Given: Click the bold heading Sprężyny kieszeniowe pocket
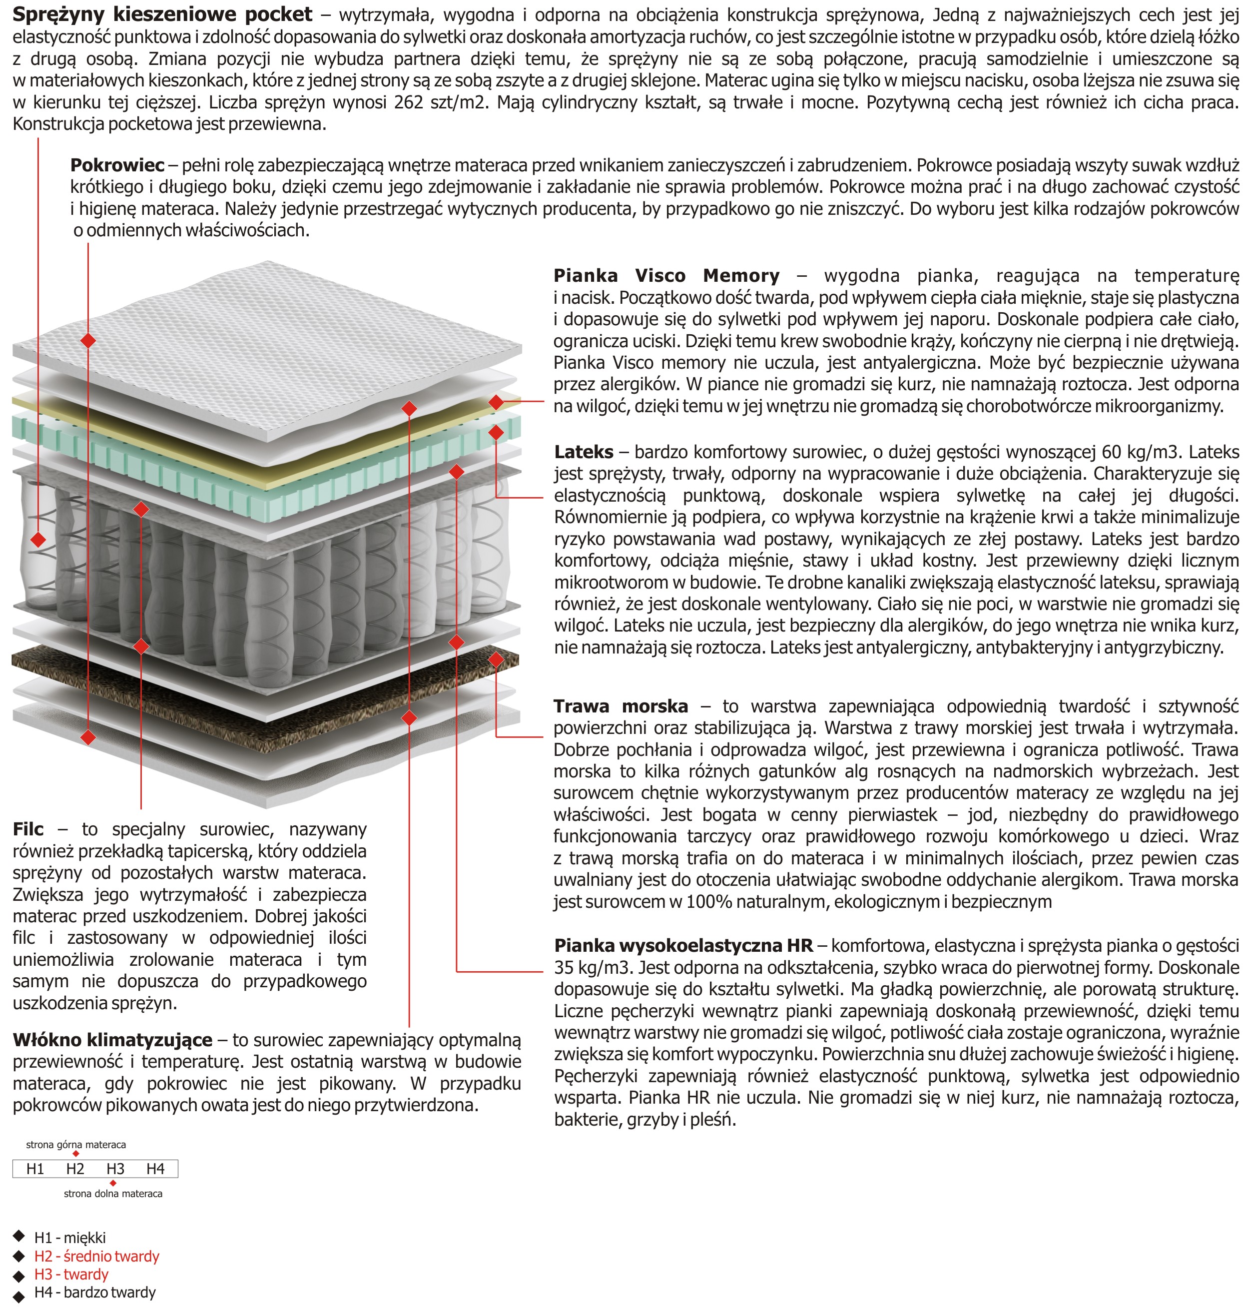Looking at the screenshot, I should [162, 14].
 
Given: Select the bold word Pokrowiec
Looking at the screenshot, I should [117, 165].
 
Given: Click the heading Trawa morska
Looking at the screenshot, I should [621, 706].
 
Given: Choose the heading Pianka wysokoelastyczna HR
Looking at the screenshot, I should [684, 945].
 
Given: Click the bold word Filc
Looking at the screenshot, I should [28, 829].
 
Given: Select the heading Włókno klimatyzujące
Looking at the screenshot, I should [112, 1040].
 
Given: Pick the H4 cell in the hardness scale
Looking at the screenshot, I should [155, 1169].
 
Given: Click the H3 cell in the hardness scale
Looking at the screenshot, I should [115, 1169].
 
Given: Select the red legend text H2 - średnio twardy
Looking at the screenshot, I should [96, 1257].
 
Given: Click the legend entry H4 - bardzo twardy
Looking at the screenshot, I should [94, 1293].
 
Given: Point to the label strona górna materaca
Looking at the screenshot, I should [76, 1145].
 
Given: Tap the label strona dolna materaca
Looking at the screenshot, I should [113, 1194].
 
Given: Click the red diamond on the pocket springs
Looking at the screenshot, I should [38, 539].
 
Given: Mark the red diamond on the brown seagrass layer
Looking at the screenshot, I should [496, 660].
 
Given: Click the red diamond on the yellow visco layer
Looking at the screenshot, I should [496, 402].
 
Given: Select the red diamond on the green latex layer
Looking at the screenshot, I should [496, 433].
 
